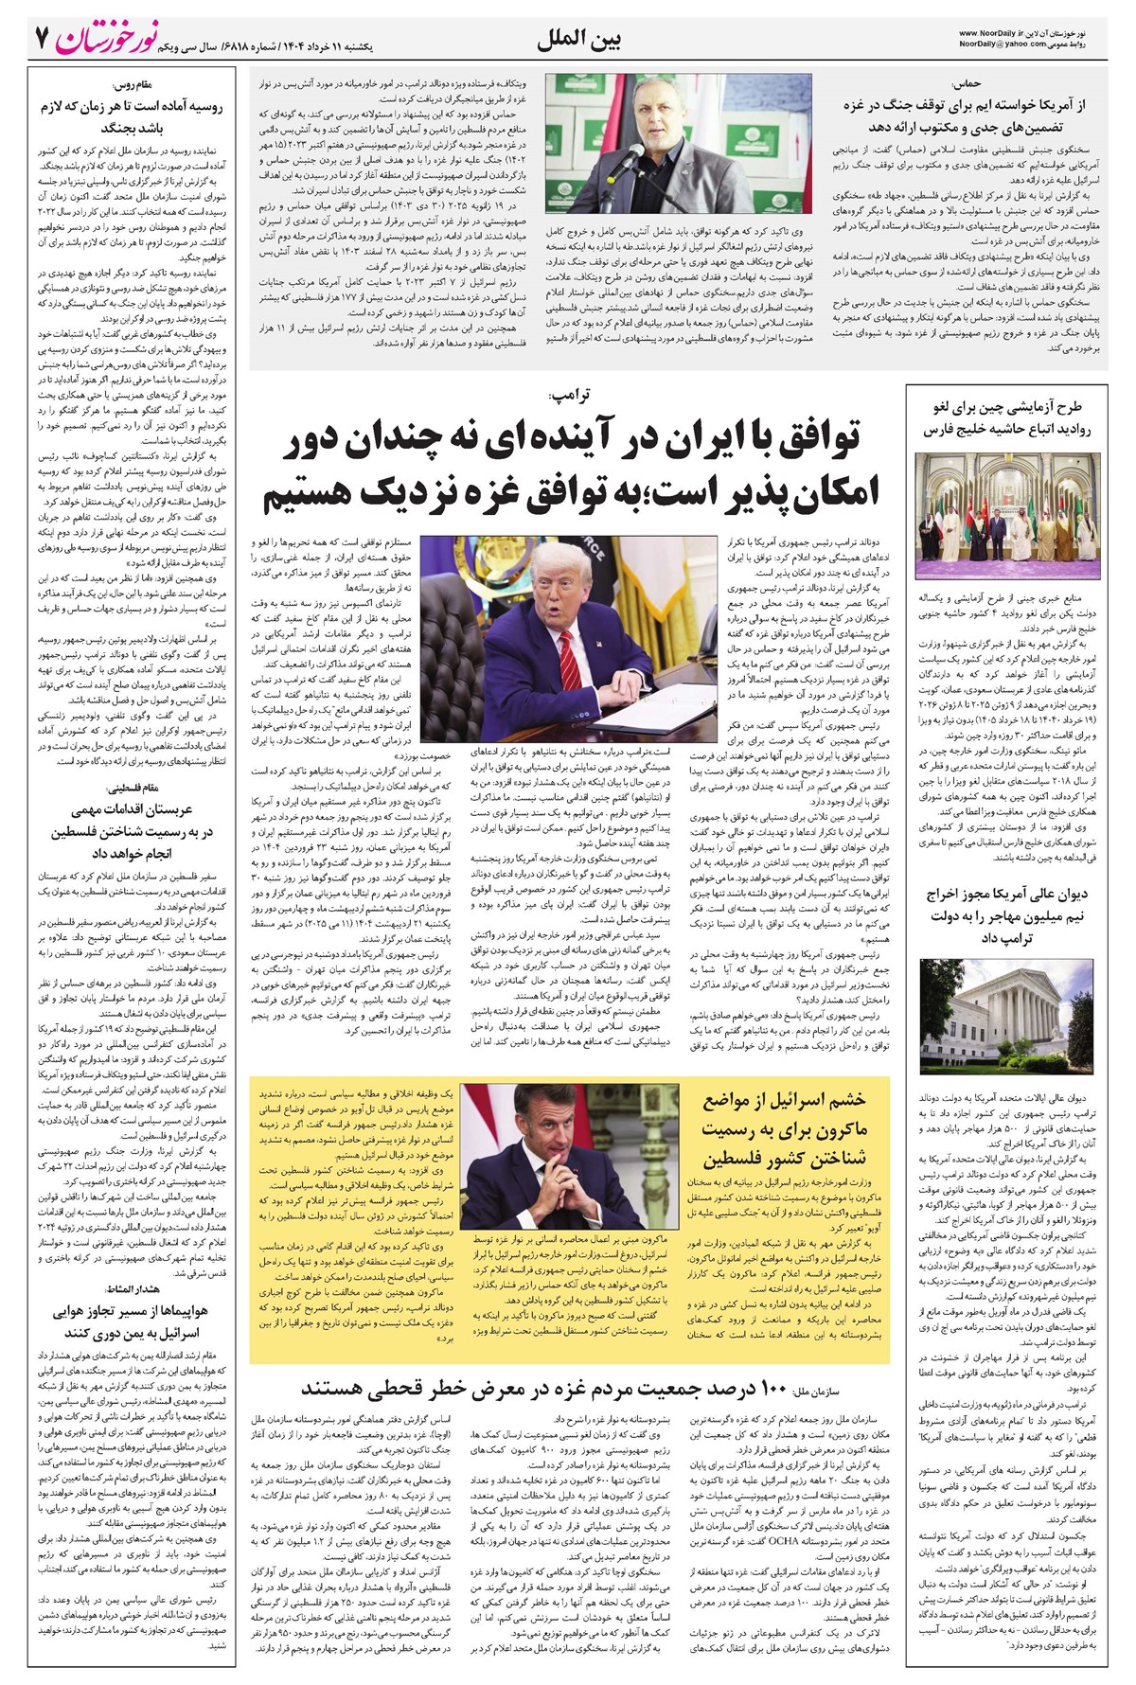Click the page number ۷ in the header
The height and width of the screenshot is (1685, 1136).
tap(41, 39)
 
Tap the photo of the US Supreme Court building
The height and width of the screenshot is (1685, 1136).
tap(1007, 1019)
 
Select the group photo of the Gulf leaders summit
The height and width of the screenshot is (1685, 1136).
tap(1007, 516)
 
